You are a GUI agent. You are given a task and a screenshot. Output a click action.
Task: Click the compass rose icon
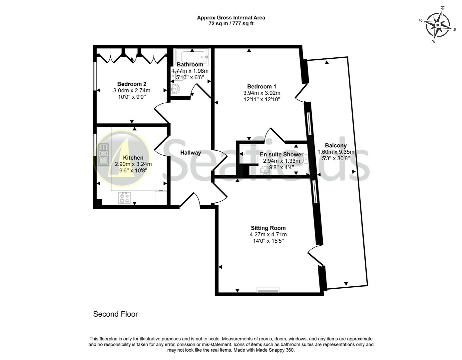[x=437, y=25]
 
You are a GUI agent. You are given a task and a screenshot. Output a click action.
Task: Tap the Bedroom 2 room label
[x=132, y=84]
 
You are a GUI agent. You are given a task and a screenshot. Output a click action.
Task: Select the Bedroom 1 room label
[x=261, y=87]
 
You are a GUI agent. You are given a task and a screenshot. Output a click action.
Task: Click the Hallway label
[x=191, y=153]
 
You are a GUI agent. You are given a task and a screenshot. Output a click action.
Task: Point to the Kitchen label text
[x=133, y=158]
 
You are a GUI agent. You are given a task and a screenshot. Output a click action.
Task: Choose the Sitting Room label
[x=268, y=228]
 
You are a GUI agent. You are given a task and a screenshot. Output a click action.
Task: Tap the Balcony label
[x=336, y=146]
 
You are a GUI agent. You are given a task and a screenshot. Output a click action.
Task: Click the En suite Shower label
[x=281, y=155]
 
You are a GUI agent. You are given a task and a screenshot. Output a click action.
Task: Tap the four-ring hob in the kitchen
[x=125, y=198]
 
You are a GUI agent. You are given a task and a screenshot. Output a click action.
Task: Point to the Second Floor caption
[x=115, y=314]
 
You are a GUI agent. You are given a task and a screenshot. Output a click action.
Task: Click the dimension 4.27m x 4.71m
[x=268, y=235]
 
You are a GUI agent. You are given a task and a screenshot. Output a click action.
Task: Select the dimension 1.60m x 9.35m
[x=336, y=152]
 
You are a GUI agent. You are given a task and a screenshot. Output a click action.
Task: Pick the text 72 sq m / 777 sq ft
[x=231, y=24]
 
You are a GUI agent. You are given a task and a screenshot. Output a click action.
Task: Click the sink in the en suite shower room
[x=265, y=171]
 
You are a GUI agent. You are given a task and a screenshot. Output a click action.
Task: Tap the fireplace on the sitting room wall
[x=268, y=290]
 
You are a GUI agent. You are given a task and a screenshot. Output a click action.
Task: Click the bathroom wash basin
[x=175, y=89]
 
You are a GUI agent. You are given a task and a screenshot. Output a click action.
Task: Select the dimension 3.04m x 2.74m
[x=132, y=91]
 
